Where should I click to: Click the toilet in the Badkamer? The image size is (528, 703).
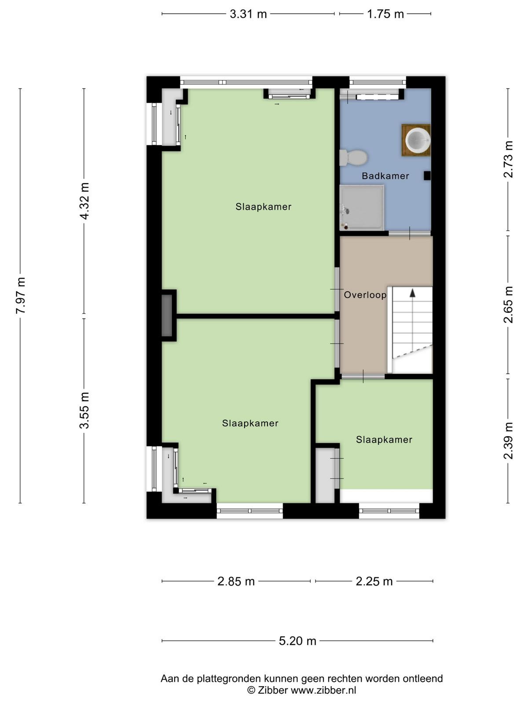click(353, 157)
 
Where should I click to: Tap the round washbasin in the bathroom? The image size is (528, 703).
click(418, 140)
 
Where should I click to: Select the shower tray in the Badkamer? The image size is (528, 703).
click(362, 207)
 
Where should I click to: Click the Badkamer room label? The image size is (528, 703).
click(385, 176)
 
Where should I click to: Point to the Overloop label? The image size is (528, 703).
click(365, 295)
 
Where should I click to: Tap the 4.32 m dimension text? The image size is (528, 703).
click(84, 201)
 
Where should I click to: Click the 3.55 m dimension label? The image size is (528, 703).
click(84, 410)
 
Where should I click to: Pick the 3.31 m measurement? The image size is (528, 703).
click(248, 14)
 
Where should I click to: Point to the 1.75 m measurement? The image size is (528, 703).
click(385, 14)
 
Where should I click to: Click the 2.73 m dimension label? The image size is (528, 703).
click(508, 159)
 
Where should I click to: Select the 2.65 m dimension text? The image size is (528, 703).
click(508, 304)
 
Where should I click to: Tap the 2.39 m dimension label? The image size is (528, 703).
click(508, 440)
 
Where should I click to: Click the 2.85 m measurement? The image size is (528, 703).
click(236, 581)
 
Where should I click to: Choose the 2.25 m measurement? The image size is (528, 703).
click(374, 581)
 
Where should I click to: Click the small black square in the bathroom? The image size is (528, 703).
click(427, 175)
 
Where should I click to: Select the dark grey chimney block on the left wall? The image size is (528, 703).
click(167, 315)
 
